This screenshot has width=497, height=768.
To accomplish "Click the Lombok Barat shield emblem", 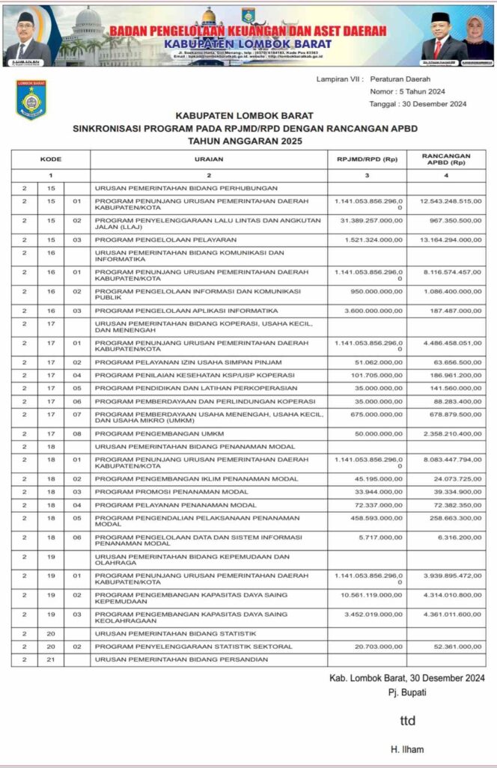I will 31,100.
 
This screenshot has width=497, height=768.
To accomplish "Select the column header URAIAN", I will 209,159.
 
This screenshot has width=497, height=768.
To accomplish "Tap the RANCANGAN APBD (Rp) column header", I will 448,159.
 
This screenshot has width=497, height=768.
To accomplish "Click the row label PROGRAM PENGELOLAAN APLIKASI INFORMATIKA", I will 175,310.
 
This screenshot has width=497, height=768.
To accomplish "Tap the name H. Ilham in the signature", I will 406,749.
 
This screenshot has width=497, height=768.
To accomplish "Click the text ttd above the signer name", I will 406,721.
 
